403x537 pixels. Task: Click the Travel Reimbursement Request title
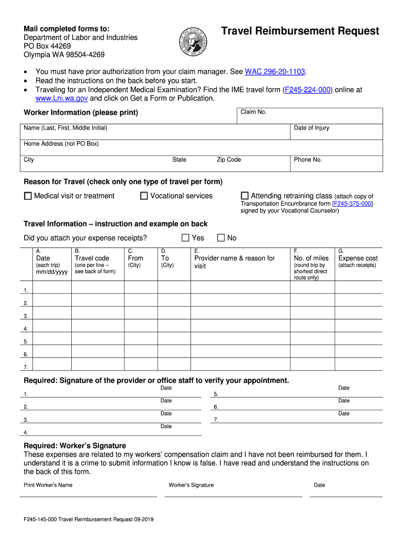pos(300,31)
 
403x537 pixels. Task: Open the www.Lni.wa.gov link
pos(54,98)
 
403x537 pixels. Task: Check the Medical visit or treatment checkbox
pos(28,196)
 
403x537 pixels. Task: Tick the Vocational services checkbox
pos(144,196)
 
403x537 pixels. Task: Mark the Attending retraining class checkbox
pos(244,196)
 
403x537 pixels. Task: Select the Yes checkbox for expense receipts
pos(185,238)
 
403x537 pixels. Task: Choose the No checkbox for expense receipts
pos(220,238)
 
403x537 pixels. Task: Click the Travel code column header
pos(92,258)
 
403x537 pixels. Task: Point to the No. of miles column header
pos(311,258)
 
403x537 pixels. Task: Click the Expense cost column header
pos(358,258)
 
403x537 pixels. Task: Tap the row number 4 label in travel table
pos(25,329)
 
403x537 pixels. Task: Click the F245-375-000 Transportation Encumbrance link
pos(352,203)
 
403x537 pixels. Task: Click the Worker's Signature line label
pos(191,485)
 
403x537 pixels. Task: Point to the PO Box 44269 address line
pos(47,46)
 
